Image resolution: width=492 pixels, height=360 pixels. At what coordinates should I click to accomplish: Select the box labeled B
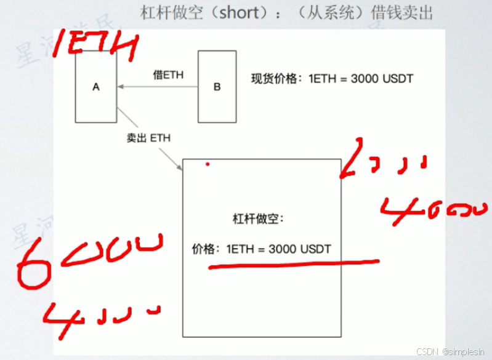point(217,87)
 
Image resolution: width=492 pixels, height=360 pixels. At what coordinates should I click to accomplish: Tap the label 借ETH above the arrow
point(168,75)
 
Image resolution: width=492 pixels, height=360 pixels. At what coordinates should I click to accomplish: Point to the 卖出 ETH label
point(148,138)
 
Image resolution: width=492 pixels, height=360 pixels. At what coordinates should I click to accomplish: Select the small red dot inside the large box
point(208,164)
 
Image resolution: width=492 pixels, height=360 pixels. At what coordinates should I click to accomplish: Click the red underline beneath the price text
point(292,265)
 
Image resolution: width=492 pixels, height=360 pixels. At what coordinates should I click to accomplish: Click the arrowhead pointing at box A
point(121,87)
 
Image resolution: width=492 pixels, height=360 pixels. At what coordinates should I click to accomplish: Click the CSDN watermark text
point(452,351)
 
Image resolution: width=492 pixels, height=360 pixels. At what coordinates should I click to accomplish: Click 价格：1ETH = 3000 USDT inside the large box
point(262,249)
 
